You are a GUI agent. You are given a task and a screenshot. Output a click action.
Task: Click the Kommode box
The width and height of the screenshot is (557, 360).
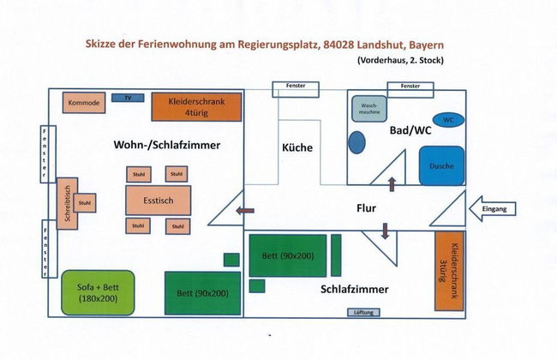83,104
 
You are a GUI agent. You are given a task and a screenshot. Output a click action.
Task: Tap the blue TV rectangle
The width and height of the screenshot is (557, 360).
127,98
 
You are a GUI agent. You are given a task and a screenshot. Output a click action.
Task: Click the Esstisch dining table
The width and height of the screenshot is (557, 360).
154,200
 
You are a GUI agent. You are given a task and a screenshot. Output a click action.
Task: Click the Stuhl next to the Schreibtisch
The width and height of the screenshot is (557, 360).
84,203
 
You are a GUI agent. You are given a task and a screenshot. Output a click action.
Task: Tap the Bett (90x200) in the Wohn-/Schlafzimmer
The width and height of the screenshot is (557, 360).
202,292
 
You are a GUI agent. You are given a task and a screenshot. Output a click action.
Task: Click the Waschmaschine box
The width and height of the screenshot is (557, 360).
368,109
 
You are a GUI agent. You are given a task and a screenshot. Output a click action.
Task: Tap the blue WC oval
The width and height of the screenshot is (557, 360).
448,119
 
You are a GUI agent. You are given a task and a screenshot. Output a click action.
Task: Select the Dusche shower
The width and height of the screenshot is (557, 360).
441,165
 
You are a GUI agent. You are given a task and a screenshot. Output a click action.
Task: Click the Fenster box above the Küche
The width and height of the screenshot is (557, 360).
296,87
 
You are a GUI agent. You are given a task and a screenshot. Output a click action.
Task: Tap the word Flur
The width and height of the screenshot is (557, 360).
367,207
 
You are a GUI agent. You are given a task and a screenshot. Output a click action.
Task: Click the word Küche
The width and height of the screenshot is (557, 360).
297,147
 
